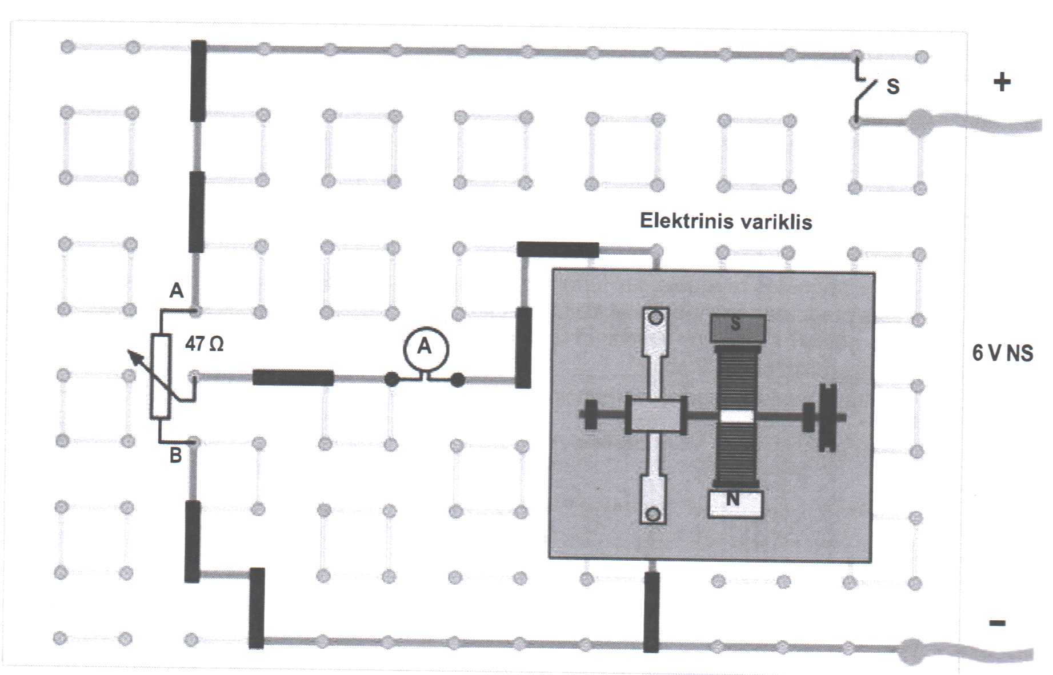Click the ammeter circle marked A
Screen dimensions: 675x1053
[425, 347]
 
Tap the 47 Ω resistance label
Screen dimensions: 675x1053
[204, 343]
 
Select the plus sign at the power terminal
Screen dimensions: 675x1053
[1002, 83]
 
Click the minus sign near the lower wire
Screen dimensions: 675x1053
[997, 623]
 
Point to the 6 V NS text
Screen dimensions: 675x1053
[1003, 353]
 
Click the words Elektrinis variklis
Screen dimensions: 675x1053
[726, 221]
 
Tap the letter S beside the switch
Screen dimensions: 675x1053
[892, 86]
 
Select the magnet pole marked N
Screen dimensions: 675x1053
[735, 503]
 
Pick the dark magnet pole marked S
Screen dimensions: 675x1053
[737, 326]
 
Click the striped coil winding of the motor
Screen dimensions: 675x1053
[737, 377]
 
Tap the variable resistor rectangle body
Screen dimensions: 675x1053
[161, 377]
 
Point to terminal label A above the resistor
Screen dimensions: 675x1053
[176, 291]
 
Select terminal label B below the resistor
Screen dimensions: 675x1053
[175, 456]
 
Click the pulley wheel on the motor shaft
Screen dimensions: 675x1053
[827, 417]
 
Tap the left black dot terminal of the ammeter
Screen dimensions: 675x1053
[391, 379]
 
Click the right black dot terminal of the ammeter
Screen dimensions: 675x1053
[458, 379]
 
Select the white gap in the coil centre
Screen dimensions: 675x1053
[736, 416]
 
